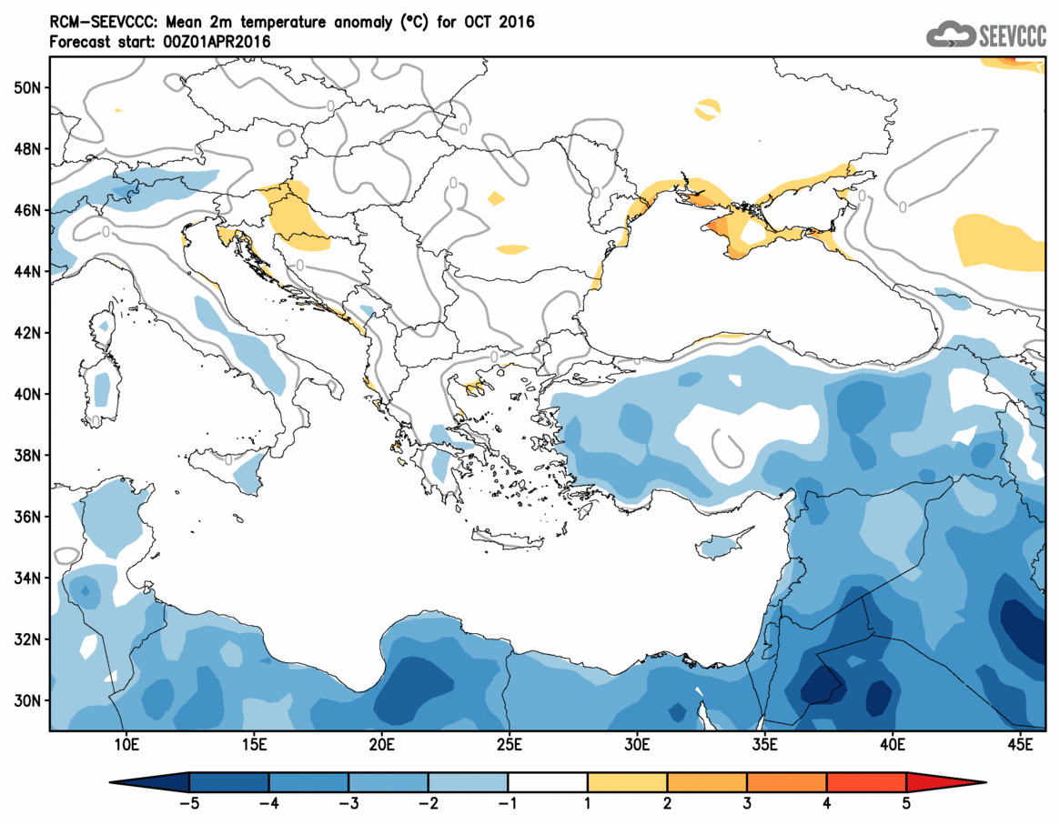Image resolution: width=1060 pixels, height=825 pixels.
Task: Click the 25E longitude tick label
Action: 509,746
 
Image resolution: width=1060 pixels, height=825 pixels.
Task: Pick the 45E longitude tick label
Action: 1021,746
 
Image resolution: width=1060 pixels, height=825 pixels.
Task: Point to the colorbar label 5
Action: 907,804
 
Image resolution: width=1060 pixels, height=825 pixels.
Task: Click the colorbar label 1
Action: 588,804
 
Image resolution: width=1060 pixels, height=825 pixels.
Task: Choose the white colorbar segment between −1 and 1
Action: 548,782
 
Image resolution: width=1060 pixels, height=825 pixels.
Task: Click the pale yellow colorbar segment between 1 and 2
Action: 628,782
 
